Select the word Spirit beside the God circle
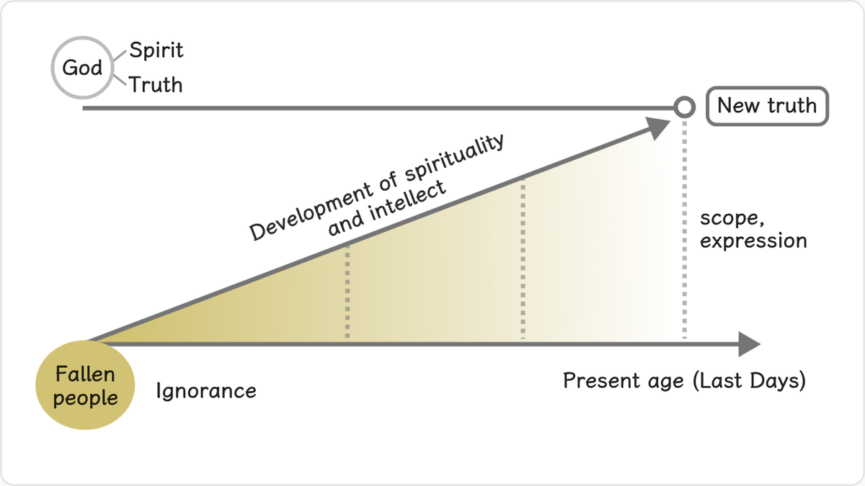156,50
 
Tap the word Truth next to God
155,84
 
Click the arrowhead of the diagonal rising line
658,128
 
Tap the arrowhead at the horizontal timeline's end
749,344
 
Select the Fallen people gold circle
85,385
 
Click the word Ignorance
206,391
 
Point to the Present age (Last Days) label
684,381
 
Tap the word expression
753,241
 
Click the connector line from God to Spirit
120,56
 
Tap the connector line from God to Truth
120,79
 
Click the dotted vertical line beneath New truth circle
684,230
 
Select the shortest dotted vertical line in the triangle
347,291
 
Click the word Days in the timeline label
775,381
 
